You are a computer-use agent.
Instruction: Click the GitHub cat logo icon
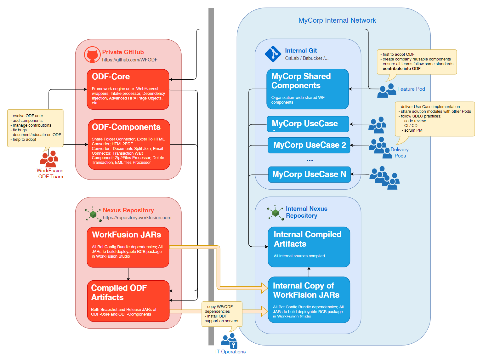pos(92,54)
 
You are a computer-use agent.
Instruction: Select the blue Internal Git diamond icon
pos(273,54)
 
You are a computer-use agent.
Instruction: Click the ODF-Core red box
pos(128,89)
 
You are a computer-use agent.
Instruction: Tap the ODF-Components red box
pos(129,145)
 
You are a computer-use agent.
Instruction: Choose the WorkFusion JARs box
pos(128,247)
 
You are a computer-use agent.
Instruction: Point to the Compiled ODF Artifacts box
pos(128,301)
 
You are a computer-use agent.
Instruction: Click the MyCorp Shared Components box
pos(308,89)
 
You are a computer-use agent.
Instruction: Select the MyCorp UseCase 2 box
pos(309,145)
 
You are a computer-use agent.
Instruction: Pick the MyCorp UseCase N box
pos(309,174)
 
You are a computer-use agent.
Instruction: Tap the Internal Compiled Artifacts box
pos(309,247)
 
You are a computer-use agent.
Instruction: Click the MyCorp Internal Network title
pos(337,20)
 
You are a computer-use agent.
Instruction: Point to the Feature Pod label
pos(411,89)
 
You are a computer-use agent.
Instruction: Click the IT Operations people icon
pos(229,341)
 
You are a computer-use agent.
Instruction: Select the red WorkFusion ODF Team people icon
pos(49,159)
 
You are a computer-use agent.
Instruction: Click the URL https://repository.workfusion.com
pos(137,218)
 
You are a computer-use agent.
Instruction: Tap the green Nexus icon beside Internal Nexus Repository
pos(275,213)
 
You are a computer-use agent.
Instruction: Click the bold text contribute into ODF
pos(401,68)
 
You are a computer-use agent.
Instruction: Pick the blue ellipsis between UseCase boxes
pos(310,160)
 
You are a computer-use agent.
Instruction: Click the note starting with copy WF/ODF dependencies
pos(222,314)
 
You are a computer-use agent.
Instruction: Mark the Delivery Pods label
pos(399,152)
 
